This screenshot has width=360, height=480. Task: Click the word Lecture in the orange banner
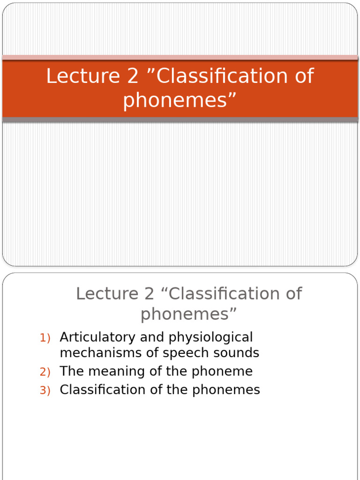point(83,76)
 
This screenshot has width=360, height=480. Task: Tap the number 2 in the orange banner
point(133,76)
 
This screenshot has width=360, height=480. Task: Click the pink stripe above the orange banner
point(180,58)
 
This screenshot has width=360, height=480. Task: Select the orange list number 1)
point(45,338)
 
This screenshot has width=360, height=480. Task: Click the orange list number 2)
point(45,372)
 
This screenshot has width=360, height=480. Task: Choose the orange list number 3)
point(45,390)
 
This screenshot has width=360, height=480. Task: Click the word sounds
point(237,352)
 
